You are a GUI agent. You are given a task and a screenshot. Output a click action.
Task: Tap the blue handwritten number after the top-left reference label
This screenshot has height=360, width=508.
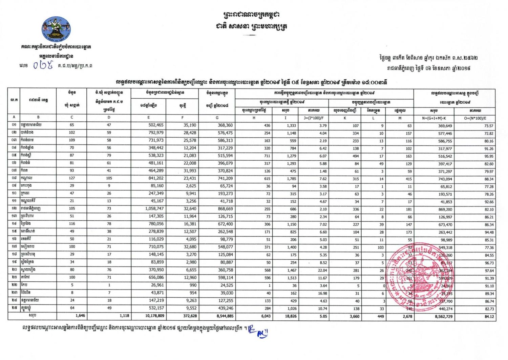44,65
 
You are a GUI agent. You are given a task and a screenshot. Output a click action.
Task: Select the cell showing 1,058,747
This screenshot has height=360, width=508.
154,209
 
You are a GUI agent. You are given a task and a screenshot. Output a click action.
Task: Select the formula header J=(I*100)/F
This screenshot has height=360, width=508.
314,118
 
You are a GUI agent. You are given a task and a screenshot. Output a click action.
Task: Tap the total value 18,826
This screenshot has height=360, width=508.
289,316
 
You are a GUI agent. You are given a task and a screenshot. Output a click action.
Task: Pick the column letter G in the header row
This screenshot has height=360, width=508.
217,118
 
